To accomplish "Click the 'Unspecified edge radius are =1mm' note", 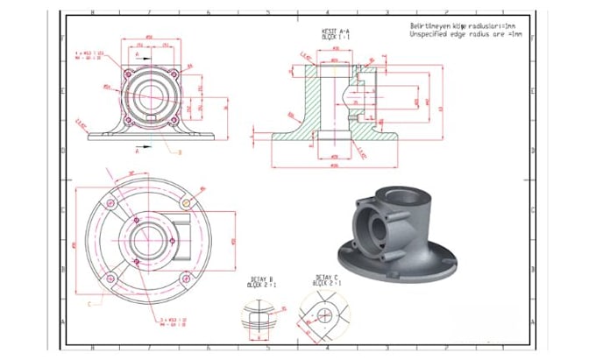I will pyautogui.click(x=465, y=34).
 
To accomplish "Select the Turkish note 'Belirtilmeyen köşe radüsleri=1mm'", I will pyautogui.click(x=465, y=25).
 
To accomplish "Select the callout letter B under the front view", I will pyautogui.click(x=179, y=152).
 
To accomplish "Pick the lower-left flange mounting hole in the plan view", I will pyautogui.click(x=110, y=279).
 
